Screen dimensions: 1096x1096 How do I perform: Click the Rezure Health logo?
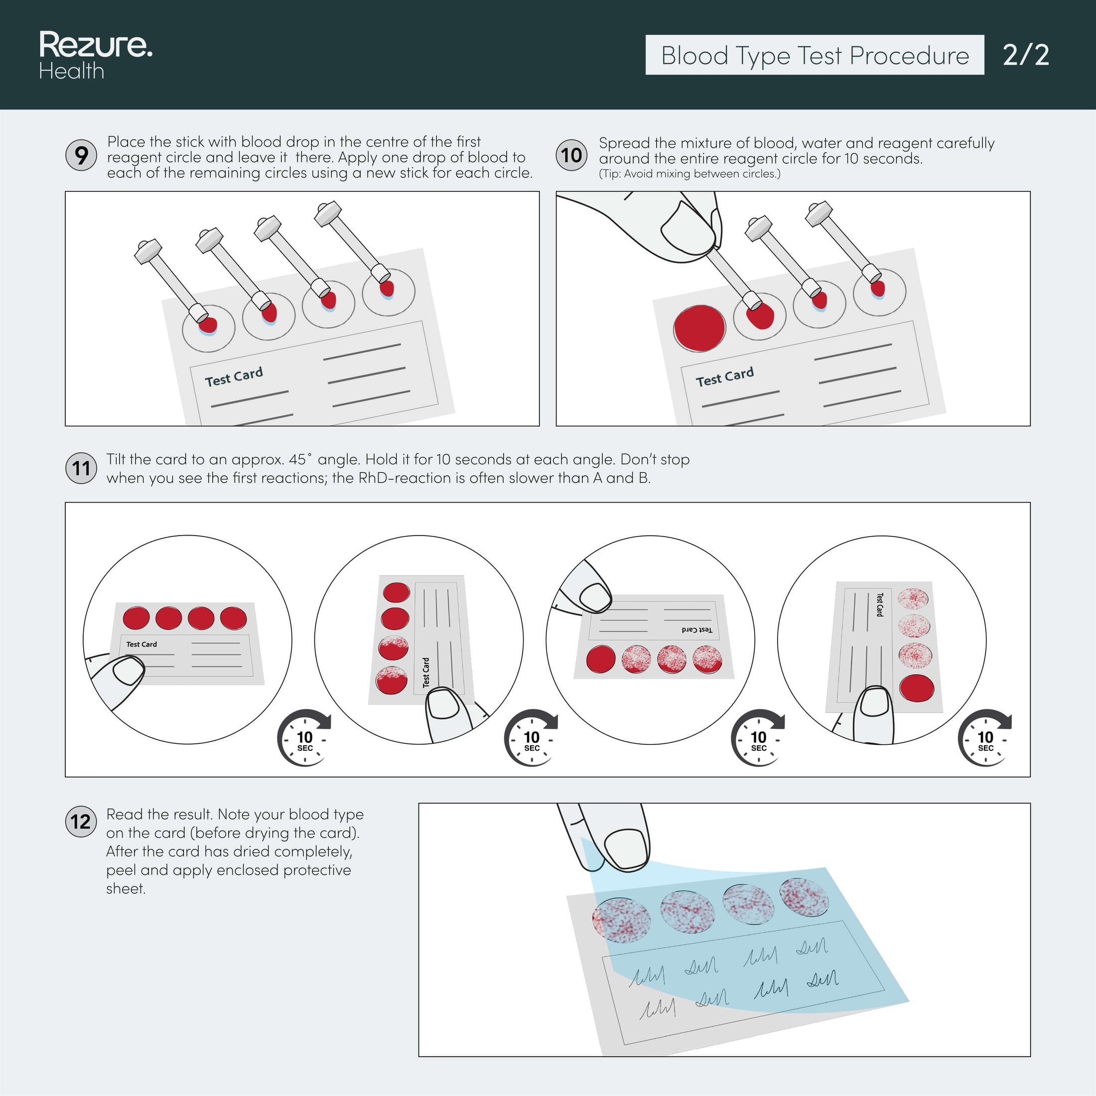pos(95,54)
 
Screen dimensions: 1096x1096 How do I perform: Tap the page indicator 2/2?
pos(1025,55)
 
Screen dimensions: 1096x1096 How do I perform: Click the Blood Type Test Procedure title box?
pos(814,55)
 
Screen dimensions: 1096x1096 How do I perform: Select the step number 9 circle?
pos(81,155)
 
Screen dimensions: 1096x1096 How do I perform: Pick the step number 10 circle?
pos(571,155)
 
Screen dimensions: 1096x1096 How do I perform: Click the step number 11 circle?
pos(81,468)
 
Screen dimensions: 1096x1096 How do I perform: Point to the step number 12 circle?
pos(81,822)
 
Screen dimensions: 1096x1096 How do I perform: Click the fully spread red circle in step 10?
pos(699,328)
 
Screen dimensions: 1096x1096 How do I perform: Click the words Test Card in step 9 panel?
pos(234,376)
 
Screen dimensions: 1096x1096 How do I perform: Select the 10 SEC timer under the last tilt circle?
pos(985,739)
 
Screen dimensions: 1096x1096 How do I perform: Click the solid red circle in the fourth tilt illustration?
pos(916,687)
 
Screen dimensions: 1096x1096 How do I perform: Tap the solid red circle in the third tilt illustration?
pos(601,660)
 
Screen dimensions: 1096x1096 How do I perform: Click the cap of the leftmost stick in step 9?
pos(147,250)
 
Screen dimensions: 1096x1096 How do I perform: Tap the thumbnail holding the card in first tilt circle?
pos(129,671)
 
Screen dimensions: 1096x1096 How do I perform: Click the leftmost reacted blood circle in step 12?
pos(621,919)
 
